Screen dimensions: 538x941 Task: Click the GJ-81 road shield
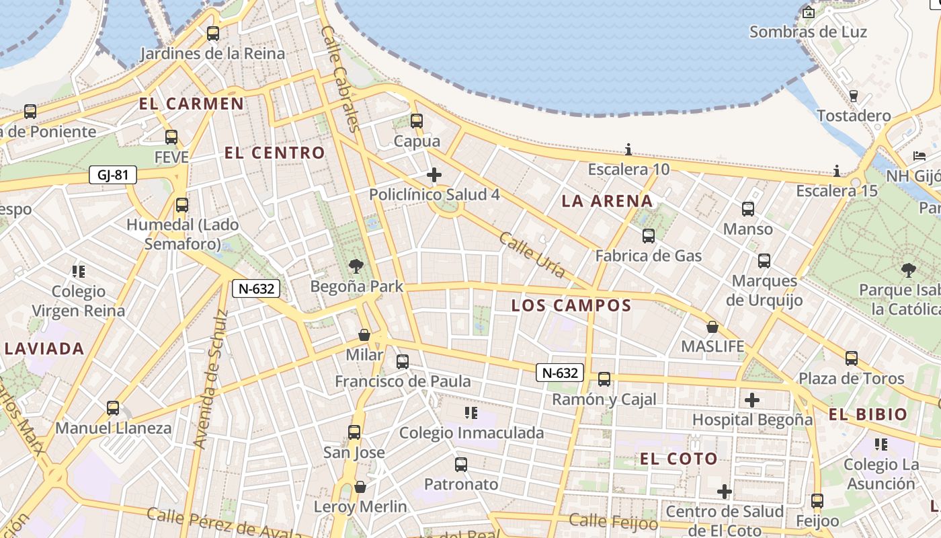click(x=113, y=176)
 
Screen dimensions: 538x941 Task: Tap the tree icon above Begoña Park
click(x=356, y=266)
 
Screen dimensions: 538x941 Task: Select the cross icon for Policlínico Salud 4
click(x=434, y=176)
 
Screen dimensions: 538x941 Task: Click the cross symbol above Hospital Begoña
click(x=752, y=401)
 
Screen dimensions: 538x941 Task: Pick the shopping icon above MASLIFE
click(x=712, y=328)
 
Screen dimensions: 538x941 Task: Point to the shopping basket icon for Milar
click(x=364, y=335)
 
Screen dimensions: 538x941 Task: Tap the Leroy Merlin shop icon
click(x=360, y=487)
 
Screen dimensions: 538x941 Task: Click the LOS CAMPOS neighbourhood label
click(x=571, y=305)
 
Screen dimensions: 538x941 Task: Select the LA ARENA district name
click(x=607, y=200)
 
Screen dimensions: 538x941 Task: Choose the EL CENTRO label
click(x=274, y=153)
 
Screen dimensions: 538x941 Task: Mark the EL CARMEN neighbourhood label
click(x=192, y=104)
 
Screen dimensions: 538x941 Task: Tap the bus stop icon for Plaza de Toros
click(x=852, y=358)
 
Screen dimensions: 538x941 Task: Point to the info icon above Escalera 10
click(x=628, y=149)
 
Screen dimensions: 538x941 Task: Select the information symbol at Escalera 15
click(x=837, y=171)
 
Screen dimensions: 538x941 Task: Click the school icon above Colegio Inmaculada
click(x=471, y=413)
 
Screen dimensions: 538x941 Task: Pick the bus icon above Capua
click(x=417, y=121)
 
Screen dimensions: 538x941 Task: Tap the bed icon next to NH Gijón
click(x=919, y=156)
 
